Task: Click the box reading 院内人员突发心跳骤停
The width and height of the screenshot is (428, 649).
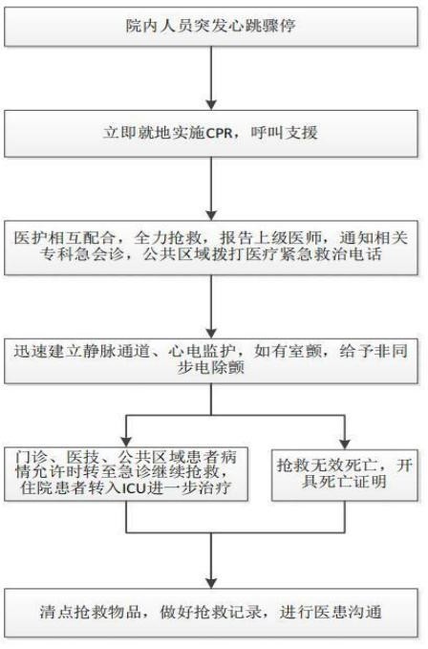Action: [x=211, y=26]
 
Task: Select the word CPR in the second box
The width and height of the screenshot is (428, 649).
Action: [x=219, y=133]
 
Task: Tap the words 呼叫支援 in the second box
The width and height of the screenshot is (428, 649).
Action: [x=284, y=133]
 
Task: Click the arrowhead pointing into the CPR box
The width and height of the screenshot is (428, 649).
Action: [x=211, y=104]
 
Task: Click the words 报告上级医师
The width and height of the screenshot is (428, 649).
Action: [x=270, y=237]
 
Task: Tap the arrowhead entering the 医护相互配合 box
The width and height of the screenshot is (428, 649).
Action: [x=211, y=215]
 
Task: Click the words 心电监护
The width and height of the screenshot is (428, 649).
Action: [x=202, y=351]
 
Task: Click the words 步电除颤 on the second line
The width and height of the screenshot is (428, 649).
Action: [x=211, y=367]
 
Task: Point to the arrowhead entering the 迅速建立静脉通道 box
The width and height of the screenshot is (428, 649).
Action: [x=211, y=333]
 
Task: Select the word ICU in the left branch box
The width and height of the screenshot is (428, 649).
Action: [x=135, y=488]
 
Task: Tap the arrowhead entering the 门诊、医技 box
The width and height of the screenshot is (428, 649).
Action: [x=126, y=442]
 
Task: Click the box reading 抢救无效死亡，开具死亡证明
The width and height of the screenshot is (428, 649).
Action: [x=345, y=475]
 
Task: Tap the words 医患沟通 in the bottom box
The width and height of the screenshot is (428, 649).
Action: [x=348, y=612]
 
